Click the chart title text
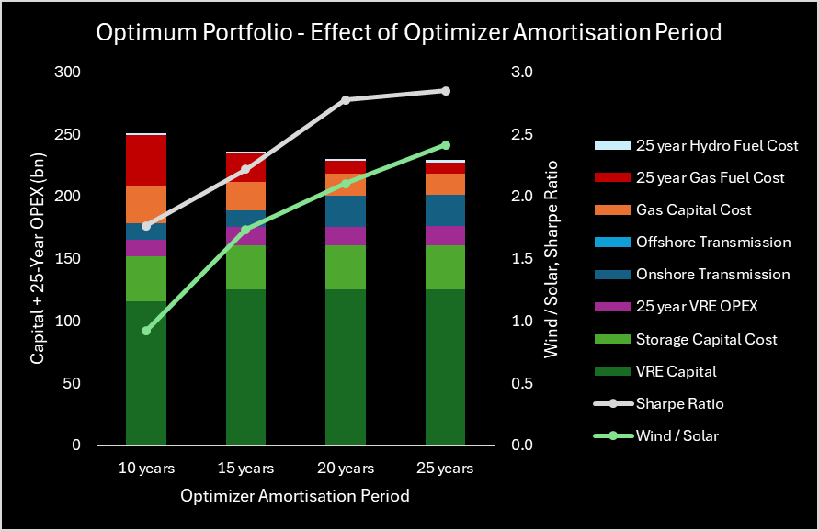pos(409,32)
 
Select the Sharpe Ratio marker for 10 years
pos(146,226)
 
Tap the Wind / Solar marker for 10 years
pos(146,331)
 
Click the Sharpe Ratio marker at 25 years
pos(445,91)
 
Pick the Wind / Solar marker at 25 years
pos(445,145)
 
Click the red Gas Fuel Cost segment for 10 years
pos(146,161)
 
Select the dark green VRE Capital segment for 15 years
pos(245,367)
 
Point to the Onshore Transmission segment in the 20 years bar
pos(346,211)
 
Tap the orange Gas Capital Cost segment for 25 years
pos(445,184)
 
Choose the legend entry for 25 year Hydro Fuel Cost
pos(716,145)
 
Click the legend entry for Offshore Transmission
pos(712,243)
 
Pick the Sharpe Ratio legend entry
pos(677,403)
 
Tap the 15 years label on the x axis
pos(245,469)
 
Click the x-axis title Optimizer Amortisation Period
pos(295,496)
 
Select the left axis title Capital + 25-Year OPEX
pos(38,259)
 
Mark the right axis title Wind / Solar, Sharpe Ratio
pos(552,259)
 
